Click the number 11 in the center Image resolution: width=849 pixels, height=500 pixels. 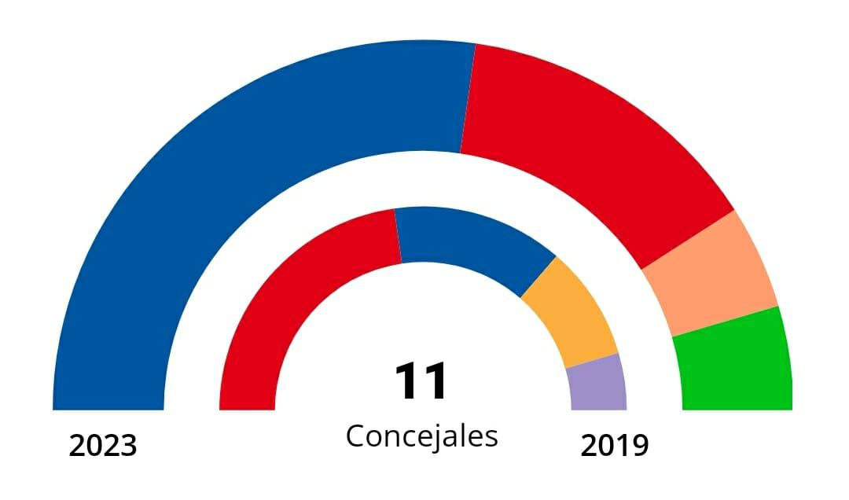(x=421, y=383)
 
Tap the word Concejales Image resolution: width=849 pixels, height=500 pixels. (x=421, y=436)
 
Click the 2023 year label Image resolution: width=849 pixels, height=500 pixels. (x=103, y=447)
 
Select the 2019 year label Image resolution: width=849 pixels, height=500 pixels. (x=615, y=447)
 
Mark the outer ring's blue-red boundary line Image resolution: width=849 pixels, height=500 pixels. (x=468, y=98)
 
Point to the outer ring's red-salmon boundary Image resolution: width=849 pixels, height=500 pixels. (x=689, y=240)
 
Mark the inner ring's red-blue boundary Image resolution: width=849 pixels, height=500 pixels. (x=398, y=236)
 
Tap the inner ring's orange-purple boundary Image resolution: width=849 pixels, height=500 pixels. (x=592, y=360)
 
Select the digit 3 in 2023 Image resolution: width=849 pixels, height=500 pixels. (x=128, y=447)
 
